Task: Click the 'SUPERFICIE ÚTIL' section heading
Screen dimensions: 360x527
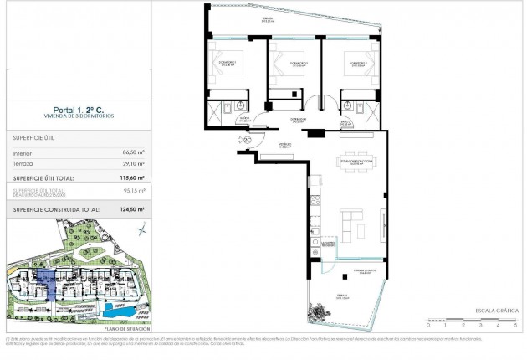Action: [x=34, y=136]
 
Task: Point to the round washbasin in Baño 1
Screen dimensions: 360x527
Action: [x=239, y=105]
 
